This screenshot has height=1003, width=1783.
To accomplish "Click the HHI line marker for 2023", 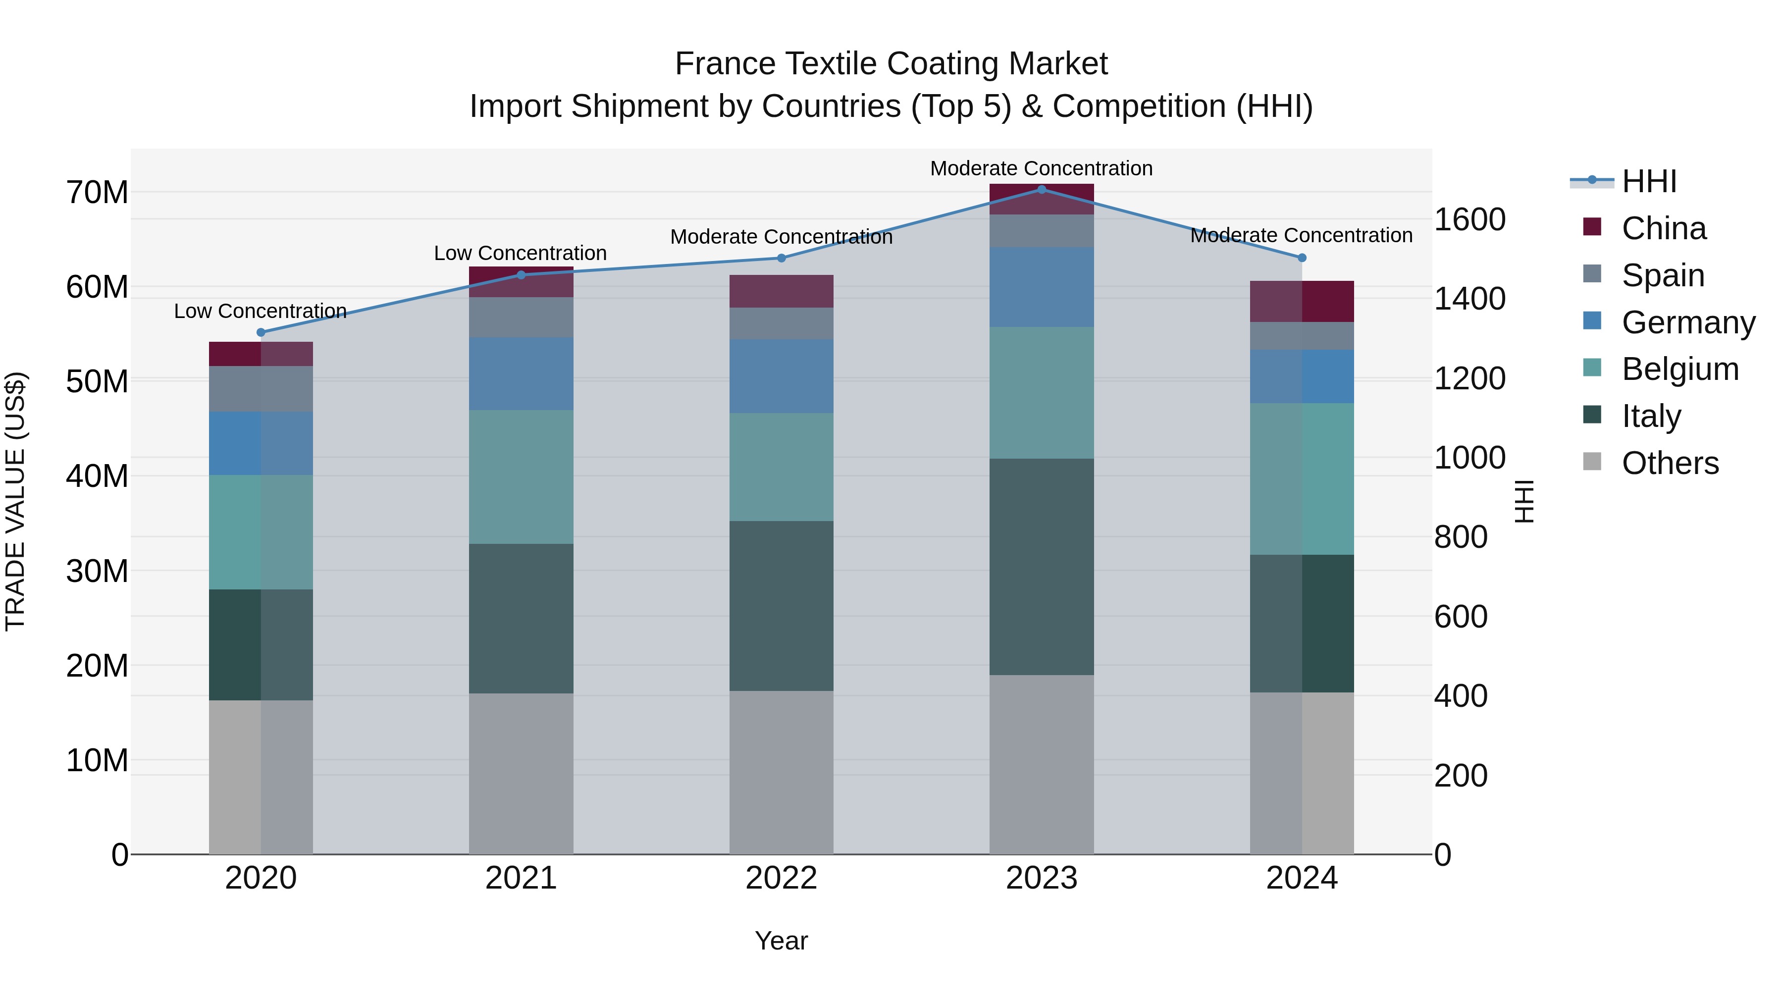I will [1041, 190].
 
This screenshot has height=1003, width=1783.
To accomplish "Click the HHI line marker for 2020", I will [261, 332].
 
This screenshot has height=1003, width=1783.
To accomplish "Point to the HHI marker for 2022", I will [782, 258].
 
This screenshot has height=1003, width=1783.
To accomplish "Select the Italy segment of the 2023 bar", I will [1041, 566].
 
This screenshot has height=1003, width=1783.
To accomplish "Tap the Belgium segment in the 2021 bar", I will [521, 477].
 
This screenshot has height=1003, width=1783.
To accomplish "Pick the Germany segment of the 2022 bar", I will [782, 376].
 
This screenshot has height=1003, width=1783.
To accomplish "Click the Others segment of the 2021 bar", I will [521, 773].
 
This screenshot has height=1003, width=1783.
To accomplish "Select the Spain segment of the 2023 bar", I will [1041, 230].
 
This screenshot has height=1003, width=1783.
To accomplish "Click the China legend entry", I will [1663, 228].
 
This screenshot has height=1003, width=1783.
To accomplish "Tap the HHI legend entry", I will [1649, 181].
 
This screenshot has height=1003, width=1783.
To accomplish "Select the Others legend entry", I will [1670, 463].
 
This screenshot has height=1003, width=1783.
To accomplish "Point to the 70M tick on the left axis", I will [97, 193].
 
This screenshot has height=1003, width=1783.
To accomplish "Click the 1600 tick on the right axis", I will [1469, 219].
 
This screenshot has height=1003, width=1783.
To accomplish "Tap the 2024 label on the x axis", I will [1301, 878].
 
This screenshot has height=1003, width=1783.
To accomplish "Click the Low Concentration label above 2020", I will [260, 312].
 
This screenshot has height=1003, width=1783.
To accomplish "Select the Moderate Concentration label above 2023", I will [1041, 168].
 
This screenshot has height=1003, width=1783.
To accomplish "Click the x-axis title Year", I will [782, 941].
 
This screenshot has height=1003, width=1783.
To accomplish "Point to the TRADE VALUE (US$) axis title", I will [15, 501].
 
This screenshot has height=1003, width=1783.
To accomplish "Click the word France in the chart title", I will [725, 64].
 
